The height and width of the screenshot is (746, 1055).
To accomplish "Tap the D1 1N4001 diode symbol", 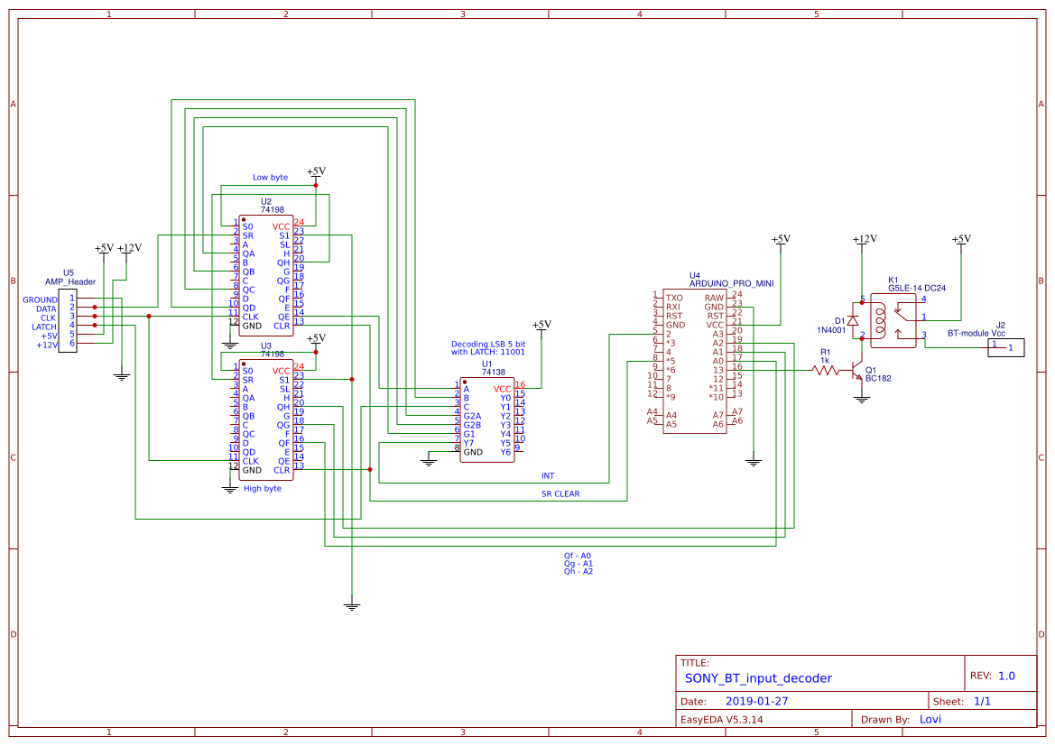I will (853, 320).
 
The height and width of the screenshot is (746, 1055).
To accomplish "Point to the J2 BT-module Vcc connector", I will (1005, 346).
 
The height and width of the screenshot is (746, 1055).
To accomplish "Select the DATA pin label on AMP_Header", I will (46, 309).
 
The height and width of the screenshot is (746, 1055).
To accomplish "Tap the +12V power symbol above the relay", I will (865, 240).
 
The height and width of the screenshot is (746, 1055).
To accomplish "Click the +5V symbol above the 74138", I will (541, 325).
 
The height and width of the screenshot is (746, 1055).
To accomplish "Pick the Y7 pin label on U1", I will (469, 443).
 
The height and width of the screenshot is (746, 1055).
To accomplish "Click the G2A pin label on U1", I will (472, 416).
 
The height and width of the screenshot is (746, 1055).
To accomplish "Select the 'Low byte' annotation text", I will (270, 178).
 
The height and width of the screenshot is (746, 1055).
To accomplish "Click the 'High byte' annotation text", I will (263, 488).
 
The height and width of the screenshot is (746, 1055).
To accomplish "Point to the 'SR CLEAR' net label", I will (560, 493).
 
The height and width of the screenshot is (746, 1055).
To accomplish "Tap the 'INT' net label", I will (547, 475).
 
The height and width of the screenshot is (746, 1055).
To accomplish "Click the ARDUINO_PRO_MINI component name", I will (731, 283).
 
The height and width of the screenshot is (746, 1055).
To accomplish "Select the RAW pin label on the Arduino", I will (714, 297).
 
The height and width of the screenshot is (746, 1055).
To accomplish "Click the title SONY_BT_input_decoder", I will (758, 678).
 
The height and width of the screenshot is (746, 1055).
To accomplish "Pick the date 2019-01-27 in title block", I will (756, 701).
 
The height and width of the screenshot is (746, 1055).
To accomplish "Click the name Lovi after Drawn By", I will (930, 719).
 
